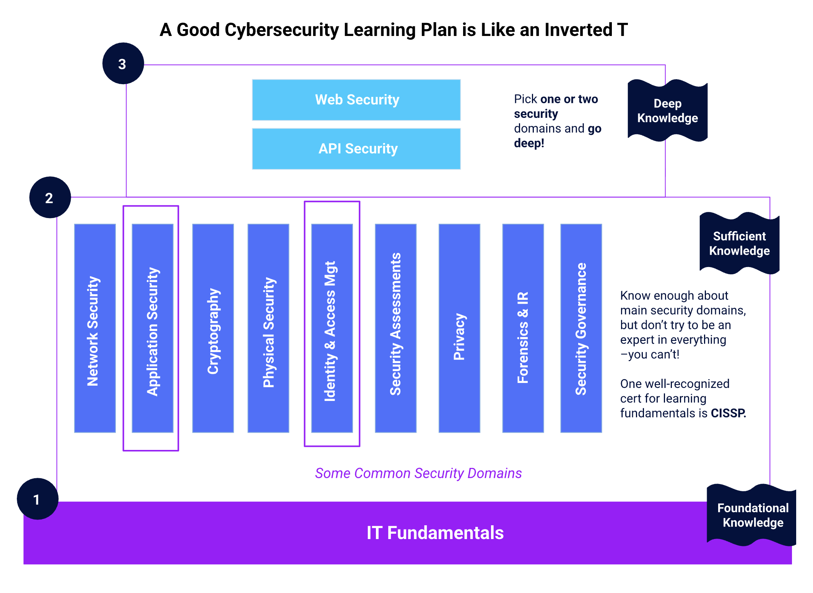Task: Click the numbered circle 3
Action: (x=123, y=64)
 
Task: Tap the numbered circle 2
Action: (x=50, y=197)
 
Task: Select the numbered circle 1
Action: (x=37, y=499)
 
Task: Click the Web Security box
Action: (x=356, y=100)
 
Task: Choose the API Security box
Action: (x=356, y=149)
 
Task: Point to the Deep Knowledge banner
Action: (x=667, y=111)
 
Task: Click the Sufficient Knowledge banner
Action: (x=739, y=243)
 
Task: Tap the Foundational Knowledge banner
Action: (x=752, y=515)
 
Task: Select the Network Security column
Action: (x=95, y=328)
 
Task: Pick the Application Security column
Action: (x=153, y=328)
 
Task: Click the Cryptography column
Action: (x=213, y=328)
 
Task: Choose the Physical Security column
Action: (x=268, y=328)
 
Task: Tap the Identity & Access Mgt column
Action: (x=332, y=328)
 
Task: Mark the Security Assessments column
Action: (x=396, y=328)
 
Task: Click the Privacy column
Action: (x=459, y=328)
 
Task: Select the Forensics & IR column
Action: (x=523, y=328)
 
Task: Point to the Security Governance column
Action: (x=581, y=328)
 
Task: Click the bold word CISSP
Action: (x=728, y=413)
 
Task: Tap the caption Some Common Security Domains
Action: (x=418, y=473)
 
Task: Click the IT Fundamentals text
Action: (x=435, y=533)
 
